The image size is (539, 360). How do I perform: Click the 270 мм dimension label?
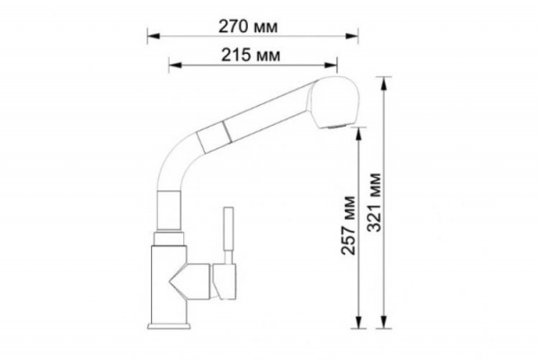[x=248, y=26]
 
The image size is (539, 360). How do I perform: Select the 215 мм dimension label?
[x=251, y=55]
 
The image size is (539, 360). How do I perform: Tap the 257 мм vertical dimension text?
[x=348, y=225]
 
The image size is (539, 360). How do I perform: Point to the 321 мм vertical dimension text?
[x=374, y=202]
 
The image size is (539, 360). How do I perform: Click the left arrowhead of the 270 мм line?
[x=154, y=36]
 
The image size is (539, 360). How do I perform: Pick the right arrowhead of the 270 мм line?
[x=352, y=36]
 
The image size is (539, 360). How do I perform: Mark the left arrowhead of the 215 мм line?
[x=175, y=65]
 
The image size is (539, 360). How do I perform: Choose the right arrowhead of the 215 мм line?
[x=331, y=65]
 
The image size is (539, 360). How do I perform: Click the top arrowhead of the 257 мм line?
[x=358, y=134]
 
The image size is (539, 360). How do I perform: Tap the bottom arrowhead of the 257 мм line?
[x=358, y=322]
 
